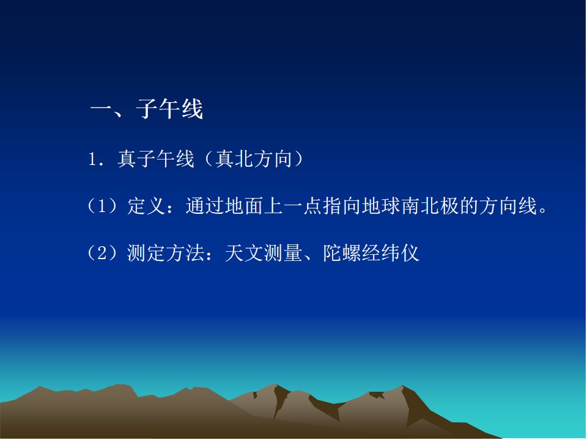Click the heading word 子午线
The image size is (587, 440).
pyautogui.click(x=169, y=109)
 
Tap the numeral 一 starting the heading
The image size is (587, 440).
pyautogui.click(x=101, y=109)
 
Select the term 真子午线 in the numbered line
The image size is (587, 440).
pyautogui.click(x=156, y=159)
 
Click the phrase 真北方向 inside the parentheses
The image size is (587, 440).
pyautogui.click(x=254, y=159)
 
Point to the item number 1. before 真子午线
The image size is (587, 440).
pyautogui.click(x=95, y=159)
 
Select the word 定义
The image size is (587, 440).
pyautogui.click(x=146, y=206)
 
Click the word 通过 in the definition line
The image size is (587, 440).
pyautogui.click(x=205, y=206)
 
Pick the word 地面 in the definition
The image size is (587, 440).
pyautogui.click(x=244, y=206)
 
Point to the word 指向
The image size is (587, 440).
pyautogui.click(x=342, y=206)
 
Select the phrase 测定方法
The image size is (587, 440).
pyautogui.click(x=166, y=253)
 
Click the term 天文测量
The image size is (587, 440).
pyautogui.click(x=264, y=253)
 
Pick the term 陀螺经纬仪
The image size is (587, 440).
pyautogui.click(x=371, y=253)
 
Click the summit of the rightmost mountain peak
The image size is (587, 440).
pyautogui.click(x=402, y=386)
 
